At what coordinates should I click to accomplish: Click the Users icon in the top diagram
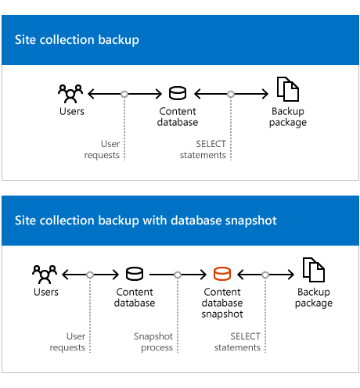[x=70, y=94]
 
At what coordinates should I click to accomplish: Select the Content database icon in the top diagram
[x=178, y=94]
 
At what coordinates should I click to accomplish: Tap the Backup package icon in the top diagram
[x=287, y=92]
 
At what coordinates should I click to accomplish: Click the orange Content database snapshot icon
[x=222, y=275]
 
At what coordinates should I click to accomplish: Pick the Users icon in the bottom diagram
[x=45, y=275]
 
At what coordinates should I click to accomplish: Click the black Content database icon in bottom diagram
[x=135, y=275]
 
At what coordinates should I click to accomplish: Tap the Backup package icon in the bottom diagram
[x=313, y=273]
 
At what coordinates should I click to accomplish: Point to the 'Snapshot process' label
[x=153, y=342]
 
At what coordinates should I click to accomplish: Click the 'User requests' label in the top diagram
[x=103, y=149]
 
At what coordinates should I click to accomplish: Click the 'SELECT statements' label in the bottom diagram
[x=237, y=342]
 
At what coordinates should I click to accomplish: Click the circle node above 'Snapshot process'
[x=178, y=275]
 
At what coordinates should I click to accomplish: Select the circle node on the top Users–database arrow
[x=124, y=94]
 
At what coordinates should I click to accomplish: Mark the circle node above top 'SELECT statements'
[x=231, y=94]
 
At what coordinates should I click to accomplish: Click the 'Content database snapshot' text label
[x=222, y=303]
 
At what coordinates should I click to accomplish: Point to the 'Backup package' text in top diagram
[x=287, y=117]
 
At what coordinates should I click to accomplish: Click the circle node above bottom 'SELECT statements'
[x=265, y=275]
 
